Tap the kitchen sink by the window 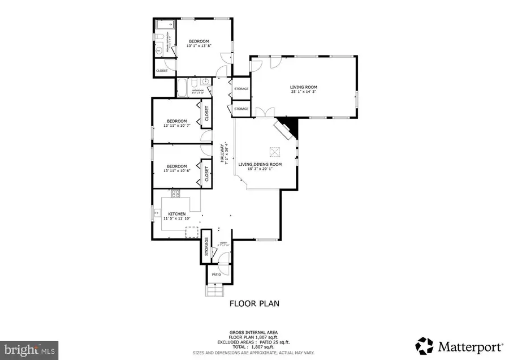(158, 214)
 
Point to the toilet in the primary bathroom (160, 37)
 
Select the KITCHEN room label (177, 214)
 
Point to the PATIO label (216, 275)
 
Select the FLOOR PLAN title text (254, 303)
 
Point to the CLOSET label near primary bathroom (162, 71)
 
